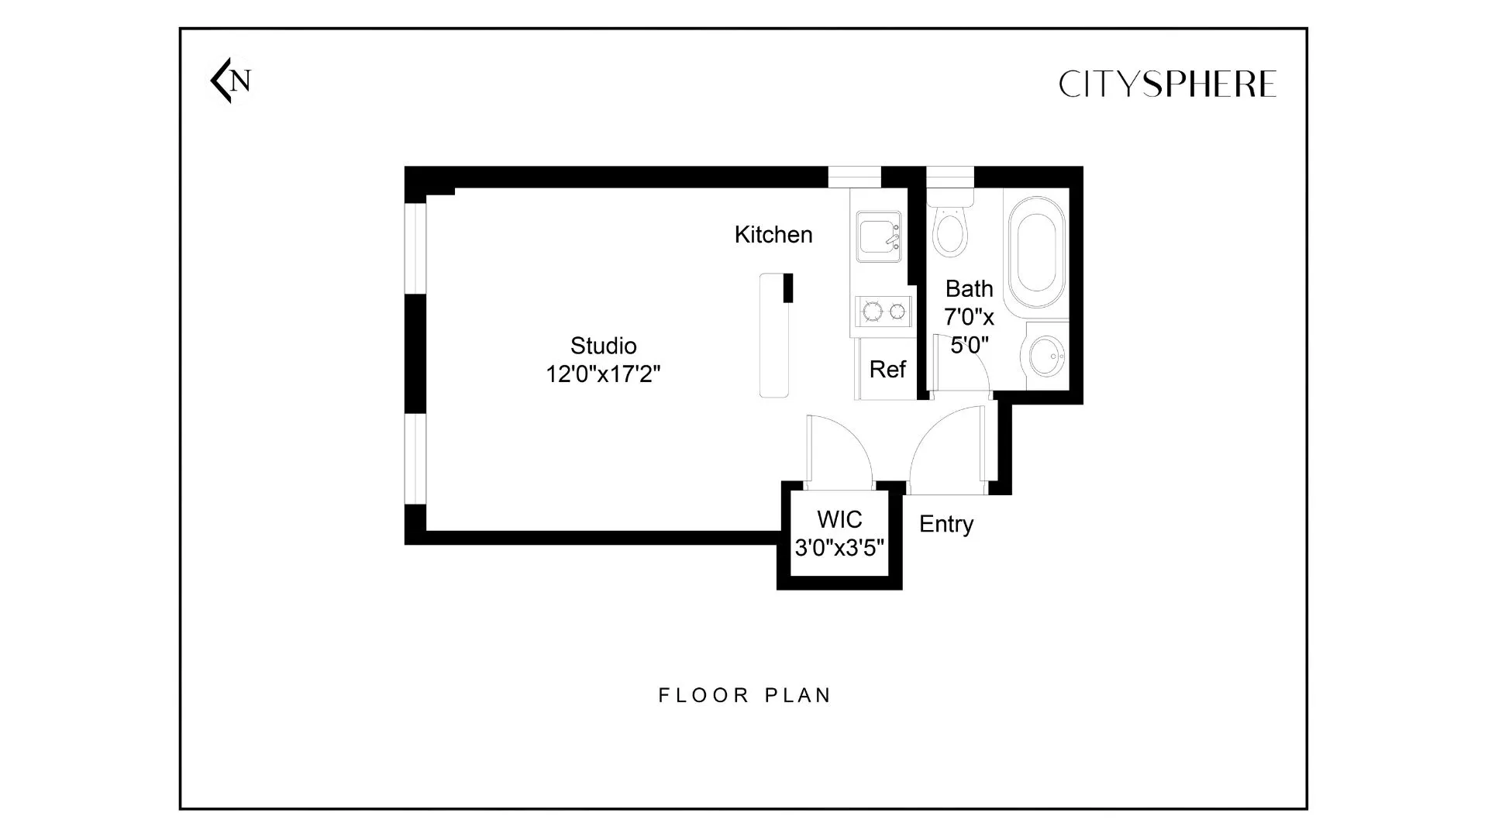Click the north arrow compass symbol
(230, 81)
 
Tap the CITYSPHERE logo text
(1166, 84)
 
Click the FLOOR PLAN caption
(744, 695)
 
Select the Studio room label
(603, 346)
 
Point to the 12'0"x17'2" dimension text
(603, 374)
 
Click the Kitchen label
(773, 235)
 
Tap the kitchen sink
(879, 236)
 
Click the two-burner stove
(883, 312)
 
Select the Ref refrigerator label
(887, 370)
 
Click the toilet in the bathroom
(949, 229)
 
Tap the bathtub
(1036, 252)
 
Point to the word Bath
(969, 289)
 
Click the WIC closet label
(839, 519)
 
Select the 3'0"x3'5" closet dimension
(839, 548)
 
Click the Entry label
(945, 524)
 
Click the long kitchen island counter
(774, 336)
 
